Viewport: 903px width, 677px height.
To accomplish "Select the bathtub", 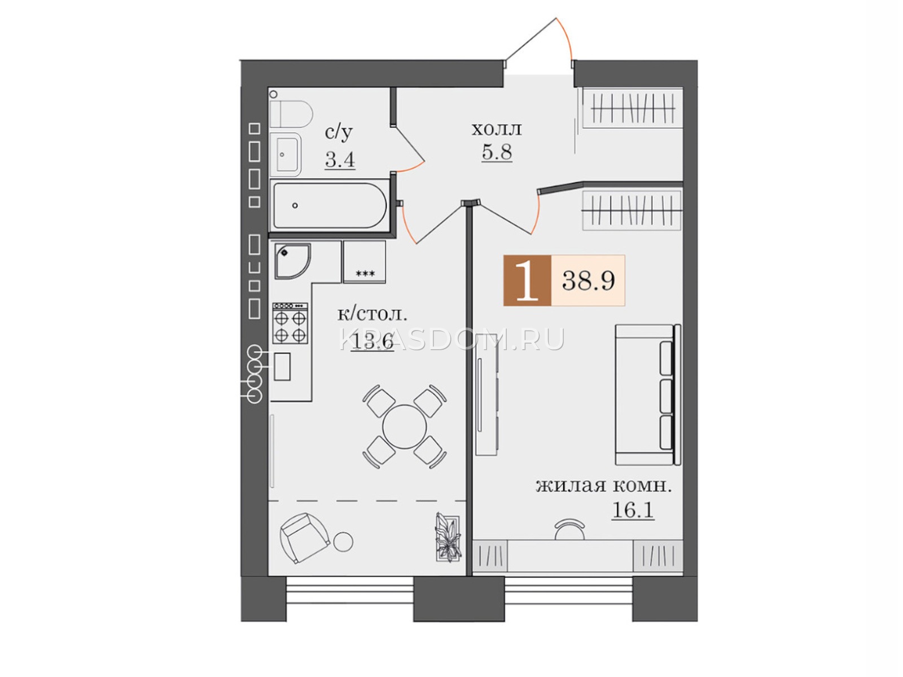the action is click(x=330, y=205).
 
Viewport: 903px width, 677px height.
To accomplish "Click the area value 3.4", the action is click(x=340, y=159).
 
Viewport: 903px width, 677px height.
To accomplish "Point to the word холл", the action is click(x=497, y=129).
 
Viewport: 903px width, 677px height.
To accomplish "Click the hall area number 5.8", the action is click(x=497, y=152).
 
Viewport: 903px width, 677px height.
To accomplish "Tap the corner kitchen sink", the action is click(x=292, y=261).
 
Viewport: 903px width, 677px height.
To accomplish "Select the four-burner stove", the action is click(x=290, y=323).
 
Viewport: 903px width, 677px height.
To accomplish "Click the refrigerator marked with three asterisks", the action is click(x=365, y=262).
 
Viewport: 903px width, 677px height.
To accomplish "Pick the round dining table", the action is click(x=405, y=427).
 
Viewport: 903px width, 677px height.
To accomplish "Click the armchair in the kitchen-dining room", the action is click(x=304, y=538).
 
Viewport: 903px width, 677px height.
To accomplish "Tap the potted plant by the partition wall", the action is click(x=448, y=537).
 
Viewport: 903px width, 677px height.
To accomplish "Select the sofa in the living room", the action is click(x=648, y=394).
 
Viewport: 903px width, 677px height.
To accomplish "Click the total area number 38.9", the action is click(x=588, y=281).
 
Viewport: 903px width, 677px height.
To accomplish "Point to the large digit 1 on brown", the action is click(x=527, y=280).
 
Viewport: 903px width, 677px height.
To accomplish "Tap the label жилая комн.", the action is click(x=603, y=486).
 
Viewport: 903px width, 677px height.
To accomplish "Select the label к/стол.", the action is click(x=372, y=314).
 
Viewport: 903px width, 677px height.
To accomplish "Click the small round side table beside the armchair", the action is click(x=343, y=542).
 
